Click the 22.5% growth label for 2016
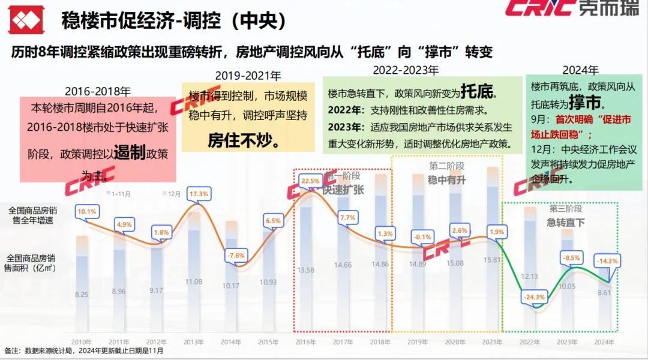click(x=310, y=181)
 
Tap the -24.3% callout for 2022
click(x=533, y=296)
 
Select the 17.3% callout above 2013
click(x=198, y=194)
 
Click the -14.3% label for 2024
click(x=607, y=260)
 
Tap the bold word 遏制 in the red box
click(x=130, y=153)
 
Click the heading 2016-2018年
click(x=98, y=92)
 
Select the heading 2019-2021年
click(x=247, y=76)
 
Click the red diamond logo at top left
click(x=25, y=22)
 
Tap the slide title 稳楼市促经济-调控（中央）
click(x=173, y=22)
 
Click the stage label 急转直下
click(x=565, y=223)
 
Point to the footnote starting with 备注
click(x=84, y=351)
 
